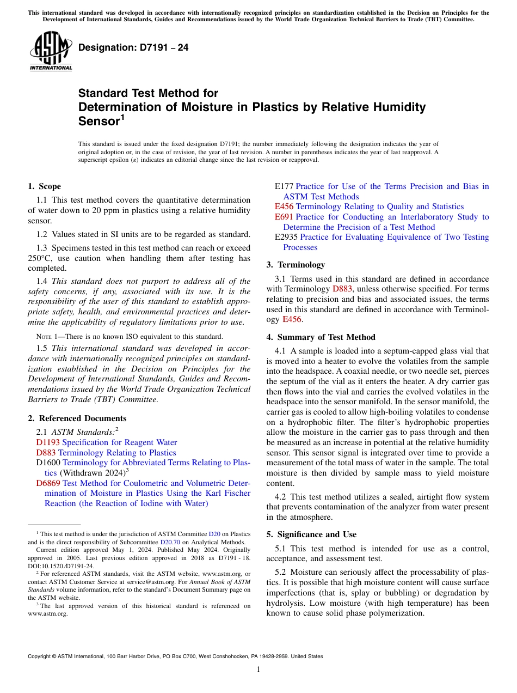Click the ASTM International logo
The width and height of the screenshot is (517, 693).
point(51,51)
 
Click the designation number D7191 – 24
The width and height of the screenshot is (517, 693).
point(133,47)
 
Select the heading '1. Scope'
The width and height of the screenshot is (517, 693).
point(44,186)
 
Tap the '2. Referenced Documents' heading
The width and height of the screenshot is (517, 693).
point(77,418)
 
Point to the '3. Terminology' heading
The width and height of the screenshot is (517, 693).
point(296,265)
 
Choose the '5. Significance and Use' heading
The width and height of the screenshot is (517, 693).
point(311,534)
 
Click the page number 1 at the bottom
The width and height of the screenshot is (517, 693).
point(258,670)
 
